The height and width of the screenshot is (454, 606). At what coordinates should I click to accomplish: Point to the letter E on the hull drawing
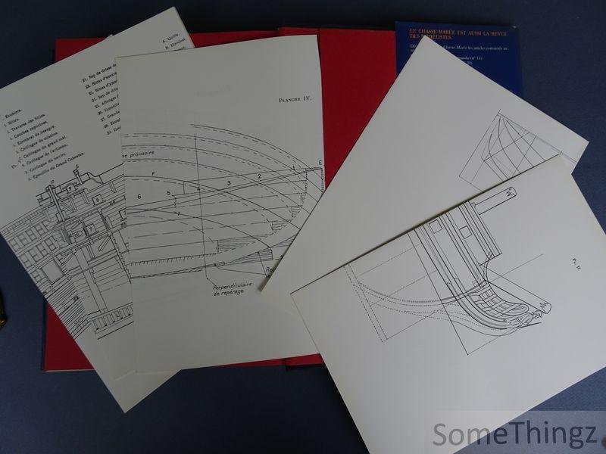pos(320,163)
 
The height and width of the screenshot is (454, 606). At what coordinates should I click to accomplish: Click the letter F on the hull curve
pos(154,174)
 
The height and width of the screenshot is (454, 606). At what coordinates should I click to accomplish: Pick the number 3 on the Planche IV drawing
pos(228,184)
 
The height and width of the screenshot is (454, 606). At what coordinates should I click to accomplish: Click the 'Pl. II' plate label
pos(576,264)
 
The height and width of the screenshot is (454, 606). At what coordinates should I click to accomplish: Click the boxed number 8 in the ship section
pos(98,198)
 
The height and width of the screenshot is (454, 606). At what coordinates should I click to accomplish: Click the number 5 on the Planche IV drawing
pos(169,193)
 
